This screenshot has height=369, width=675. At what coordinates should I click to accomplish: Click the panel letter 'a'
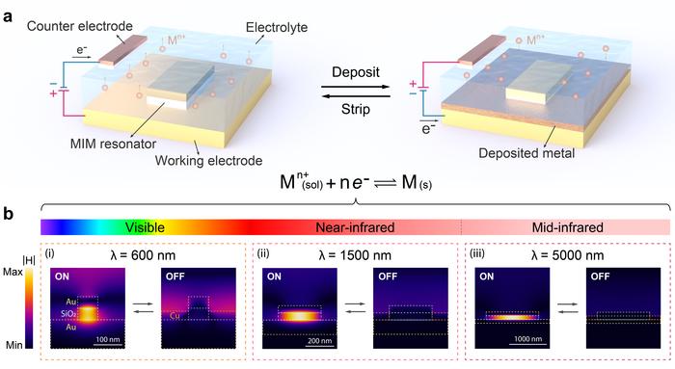coord(9,9)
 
